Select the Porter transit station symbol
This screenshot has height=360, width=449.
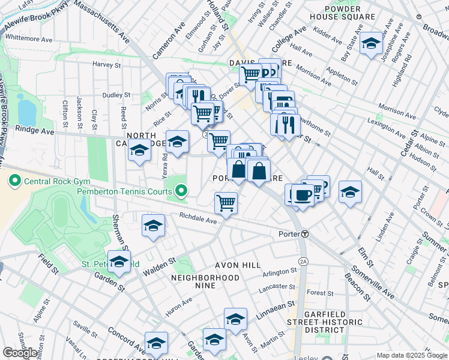click(305, 233)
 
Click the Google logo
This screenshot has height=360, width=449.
click(20, 353)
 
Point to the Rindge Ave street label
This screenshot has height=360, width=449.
click(34, 130)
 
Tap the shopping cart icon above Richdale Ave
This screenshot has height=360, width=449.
click(226, 203)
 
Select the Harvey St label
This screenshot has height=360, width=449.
click(107, 64)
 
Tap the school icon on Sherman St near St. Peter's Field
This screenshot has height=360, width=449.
click(119, 262)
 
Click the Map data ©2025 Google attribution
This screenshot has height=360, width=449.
click(411, 355)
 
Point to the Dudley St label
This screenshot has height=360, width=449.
click(116, 95)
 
